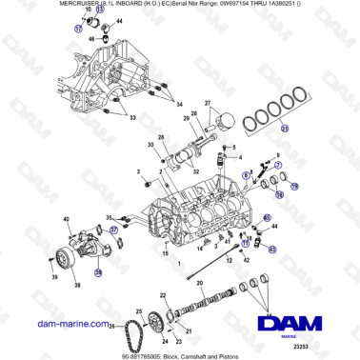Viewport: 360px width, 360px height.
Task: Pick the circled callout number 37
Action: click(x=113, y=230)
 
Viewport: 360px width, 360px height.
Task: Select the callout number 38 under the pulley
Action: click(x=78, y=284)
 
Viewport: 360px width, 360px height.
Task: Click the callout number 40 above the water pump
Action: click(x=68, y=220)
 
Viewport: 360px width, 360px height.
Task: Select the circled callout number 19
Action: click(x=278, y=194)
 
